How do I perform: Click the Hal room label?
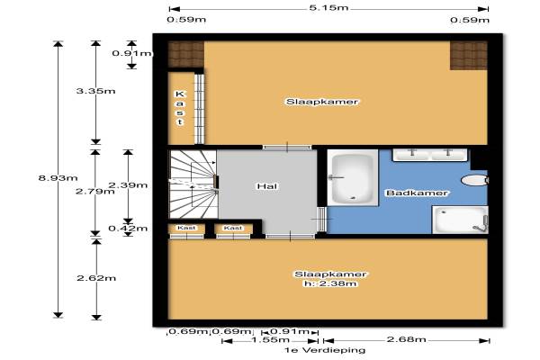pos(267,186)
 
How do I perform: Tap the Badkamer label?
pos(417,193)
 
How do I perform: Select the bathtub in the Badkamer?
pos(352,178)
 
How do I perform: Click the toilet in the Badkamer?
pos(474,180)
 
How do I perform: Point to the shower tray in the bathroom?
pos(460,220)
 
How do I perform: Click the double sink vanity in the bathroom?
pos(430,155)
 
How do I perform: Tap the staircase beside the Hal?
pos(193,184)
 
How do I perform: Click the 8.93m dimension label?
pos(58,178)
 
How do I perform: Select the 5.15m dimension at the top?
pos(328,7)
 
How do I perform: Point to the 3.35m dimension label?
pos(95,91)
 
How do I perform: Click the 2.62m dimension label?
pos(96,278)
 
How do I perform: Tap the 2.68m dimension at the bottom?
pos(407,339)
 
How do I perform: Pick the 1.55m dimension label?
pos(270,340)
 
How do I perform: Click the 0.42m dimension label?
pos(128,229)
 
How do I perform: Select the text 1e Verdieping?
pos(324,350)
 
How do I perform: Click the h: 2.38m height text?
pos(330,283)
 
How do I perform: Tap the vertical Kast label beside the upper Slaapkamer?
pos(180,108)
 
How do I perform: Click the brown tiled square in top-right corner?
pos(469,56)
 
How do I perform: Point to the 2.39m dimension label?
pos(128,185)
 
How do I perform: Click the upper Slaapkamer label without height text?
pos(322,102)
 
